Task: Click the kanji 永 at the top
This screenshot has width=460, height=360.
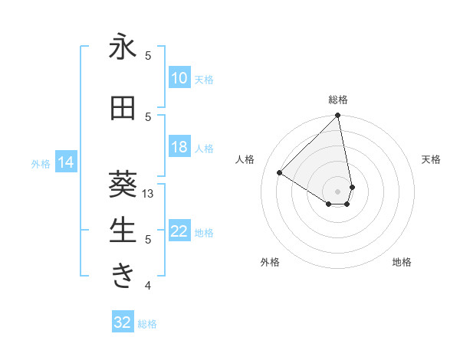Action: click(123, 47)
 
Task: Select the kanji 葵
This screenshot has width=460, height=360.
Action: click(123, 182)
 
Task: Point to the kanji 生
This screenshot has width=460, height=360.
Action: click(123, 229)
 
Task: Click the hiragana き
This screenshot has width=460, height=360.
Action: click(123, 275)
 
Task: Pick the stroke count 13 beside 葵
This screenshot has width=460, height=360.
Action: click(149, 194)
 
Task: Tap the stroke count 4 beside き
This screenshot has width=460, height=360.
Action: click(148, 286)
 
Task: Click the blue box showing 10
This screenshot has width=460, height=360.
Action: click(179, 78)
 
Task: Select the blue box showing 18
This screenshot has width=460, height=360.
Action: click(179, 147)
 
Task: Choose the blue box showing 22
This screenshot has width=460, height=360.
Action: click(179, 232)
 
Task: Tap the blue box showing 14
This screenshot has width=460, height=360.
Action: click(65, 162)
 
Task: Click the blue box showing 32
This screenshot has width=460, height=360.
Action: click(122, 322)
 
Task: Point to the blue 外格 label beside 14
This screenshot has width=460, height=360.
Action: click(40, 163)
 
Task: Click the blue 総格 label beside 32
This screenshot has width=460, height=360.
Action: click(147, 324)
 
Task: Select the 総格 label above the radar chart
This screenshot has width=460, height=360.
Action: click(338, 100)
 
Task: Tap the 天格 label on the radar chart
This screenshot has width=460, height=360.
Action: click(432, 159)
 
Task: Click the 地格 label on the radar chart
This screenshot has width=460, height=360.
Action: click(402, 262)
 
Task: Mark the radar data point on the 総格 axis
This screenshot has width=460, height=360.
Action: click(338, 116)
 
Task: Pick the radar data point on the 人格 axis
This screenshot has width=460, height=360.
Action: click(280, 173)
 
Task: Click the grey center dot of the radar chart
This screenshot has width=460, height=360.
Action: click(338, 191)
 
